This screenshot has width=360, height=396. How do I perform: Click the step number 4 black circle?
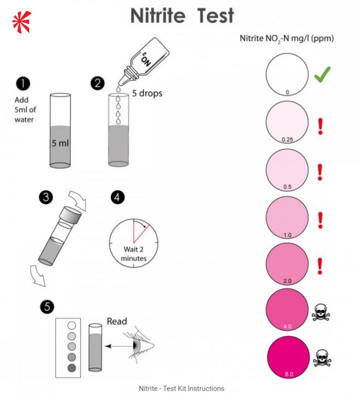coord(118,197)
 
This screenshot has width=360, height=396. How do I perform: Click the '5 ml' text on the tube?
coord(60,144)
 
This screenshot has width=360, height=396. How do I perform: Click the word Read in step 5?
coord(117,321)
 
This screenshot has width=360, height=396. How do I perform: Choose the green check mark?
coord(322,75)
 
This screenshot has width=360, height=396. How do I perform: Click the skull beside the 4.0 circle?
coord(322,312)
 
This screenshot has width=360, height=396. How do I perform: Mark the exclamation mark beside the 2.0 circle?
coord(320,265)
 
